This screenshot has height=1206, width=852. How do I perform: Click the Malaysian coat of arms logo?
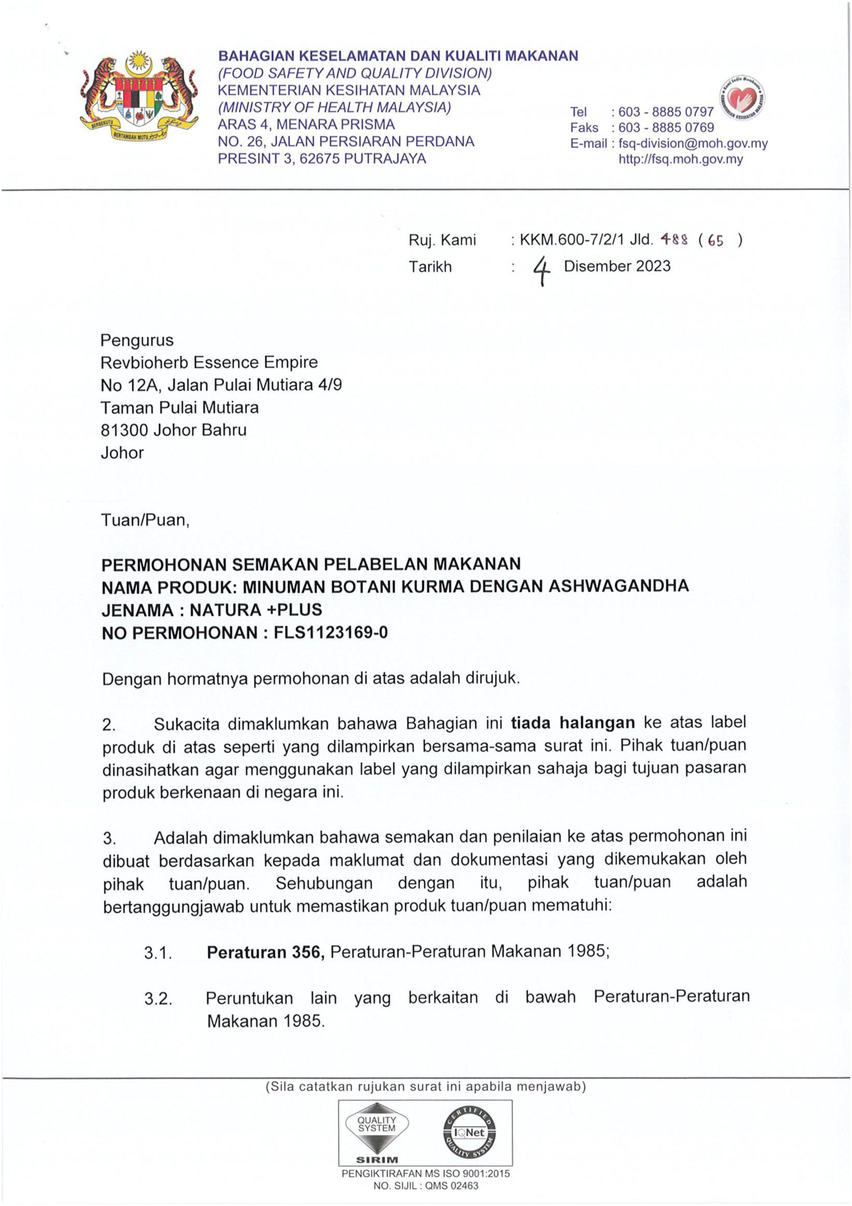point(138,99)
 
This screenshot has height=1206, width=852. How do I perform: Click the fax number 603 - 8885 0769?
point(666,128)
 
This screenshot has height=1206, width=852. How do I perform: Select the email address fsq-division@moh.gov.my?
point(693,143)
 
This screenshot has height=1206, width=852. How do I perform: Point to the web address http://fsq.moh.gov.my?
point(681,159)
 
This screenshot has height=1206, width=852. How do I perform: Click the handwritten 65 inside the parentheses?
point(715,241)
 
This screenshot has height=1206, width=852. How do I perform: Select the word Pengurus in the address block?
point(137,341)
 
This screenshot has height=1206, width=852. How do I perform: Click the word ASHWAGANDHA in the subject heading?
point(618,586)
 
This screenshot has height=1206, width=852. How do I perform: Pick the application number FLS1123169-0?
point(331,632)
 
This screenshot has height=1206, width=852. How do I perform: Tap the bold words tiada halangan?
point(573,723)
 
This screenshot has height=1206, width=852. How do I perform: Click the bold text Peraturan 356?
point(265,952)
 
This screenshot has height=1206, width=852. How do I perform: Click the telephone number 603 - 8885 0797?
point(666,112)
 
